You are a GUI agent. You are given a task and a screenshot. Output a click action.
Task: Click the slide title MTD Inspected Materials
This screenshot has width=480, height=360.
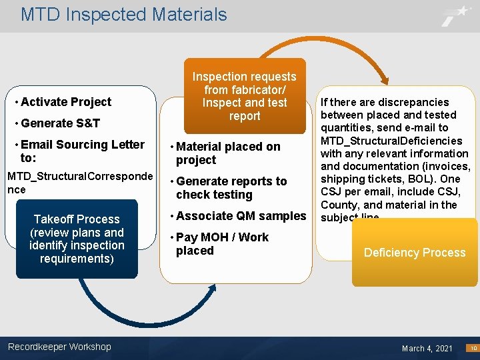point(123,15)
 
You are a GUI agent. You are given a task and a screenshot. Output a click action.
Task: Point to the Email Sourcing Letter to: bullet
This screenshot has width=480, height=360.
point(81,151)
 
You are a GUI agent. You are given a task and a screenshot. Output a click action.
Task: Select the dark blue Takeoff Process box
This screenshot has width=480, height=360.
point(77,239)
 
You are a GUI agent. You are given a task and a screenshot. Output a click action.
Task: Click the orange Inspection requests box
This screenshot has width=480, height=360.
point(245,97)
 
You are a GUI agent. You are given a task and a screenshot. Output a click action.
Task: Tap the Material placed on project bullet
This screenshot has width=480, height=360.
point(227,153)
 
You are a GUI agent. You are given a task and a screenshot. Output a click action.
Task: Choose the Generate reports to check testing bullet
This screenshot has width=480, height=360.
point(230,188)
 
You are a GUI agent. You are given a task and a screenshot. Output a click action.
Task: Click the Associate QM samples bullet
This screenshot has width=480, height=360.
point(240,216)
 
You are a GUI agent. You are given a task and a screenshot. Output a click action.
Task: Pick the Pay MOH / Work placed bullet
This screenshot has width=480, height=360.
point(221,244)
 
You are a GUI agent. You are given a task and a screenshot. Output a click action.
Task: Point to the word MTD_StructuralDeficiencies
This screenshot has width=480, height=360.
point(391,141)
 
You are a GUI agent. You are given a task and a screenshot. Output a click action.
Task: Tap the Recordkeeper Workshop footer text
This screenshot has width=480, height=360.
point(59,347)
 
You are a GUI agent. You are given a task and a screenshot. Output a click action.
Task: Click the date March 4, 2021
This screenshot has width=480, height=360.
point(427,348)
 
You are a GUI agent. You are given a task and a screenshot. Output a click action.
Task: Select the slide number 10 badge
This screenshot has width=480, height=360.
point(472,348)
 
